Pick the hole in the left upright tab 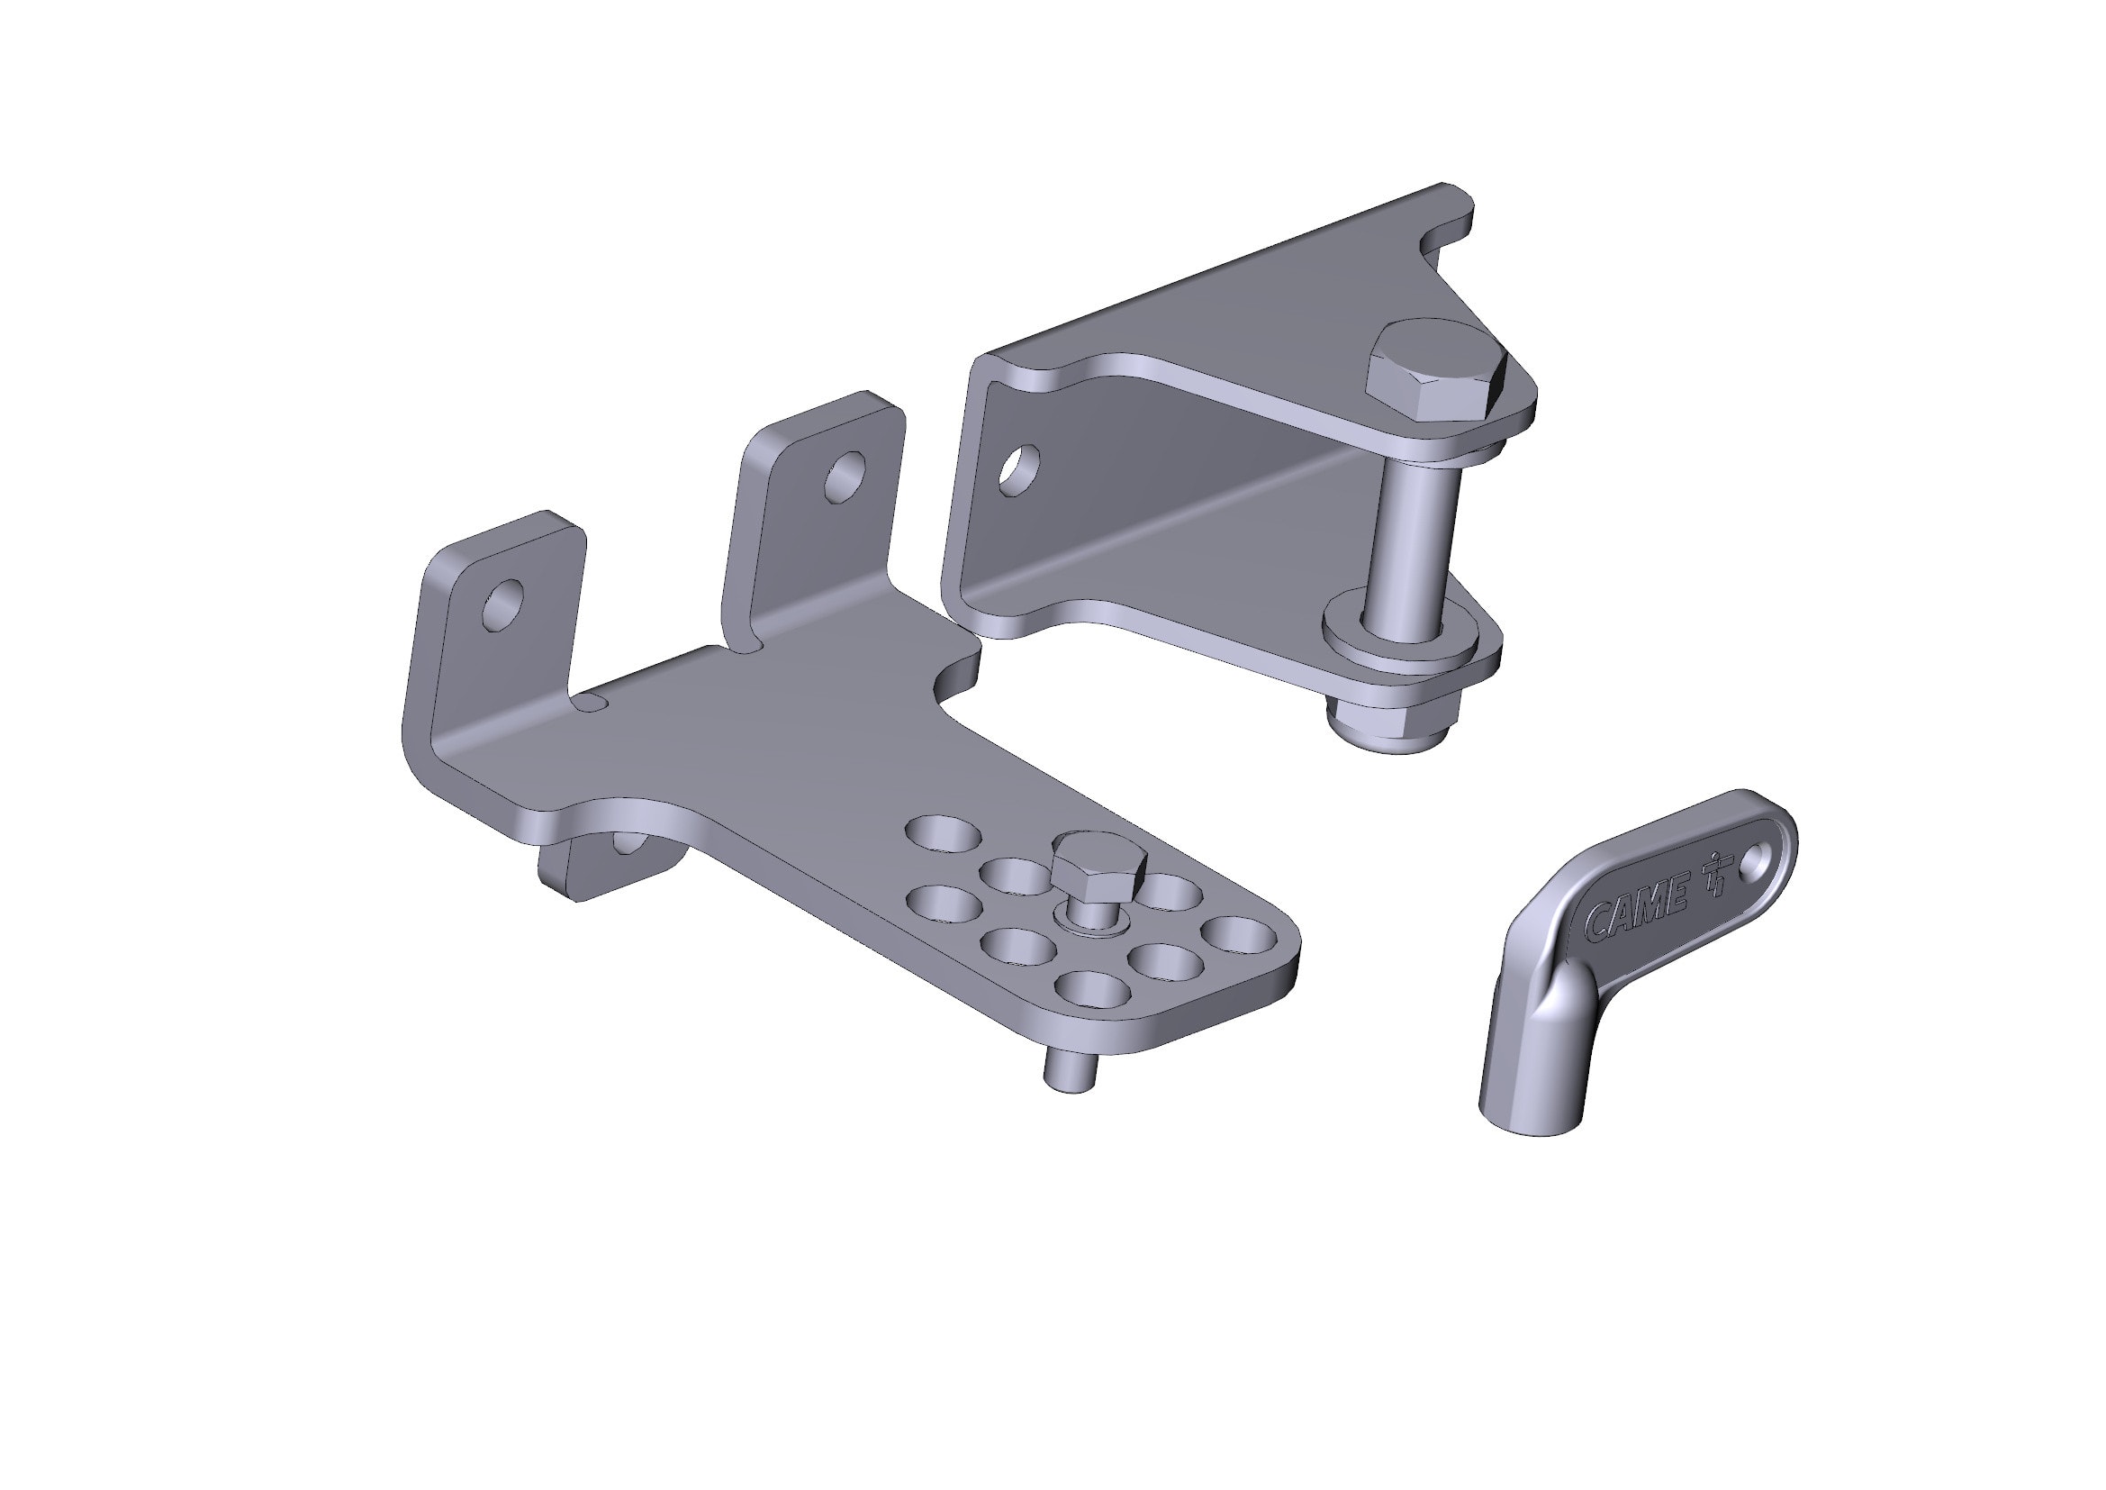[x=503, y=603]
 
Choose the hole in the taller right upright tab [x=845, y=476]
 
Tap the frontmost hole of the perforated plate [x=1092, y=989]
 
